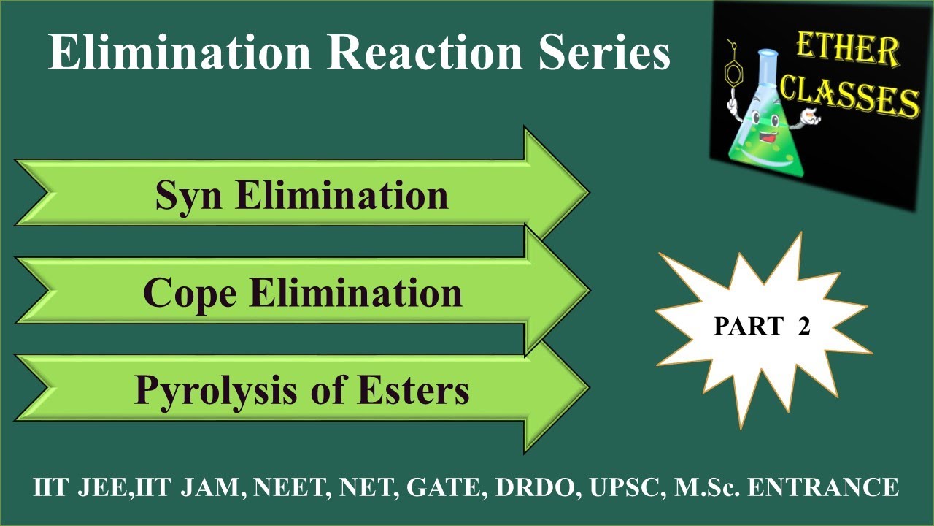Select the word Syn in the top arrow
190,195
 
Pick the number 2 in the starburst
803,327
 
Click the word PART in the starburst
746,327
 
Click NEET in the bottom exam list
287,487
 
